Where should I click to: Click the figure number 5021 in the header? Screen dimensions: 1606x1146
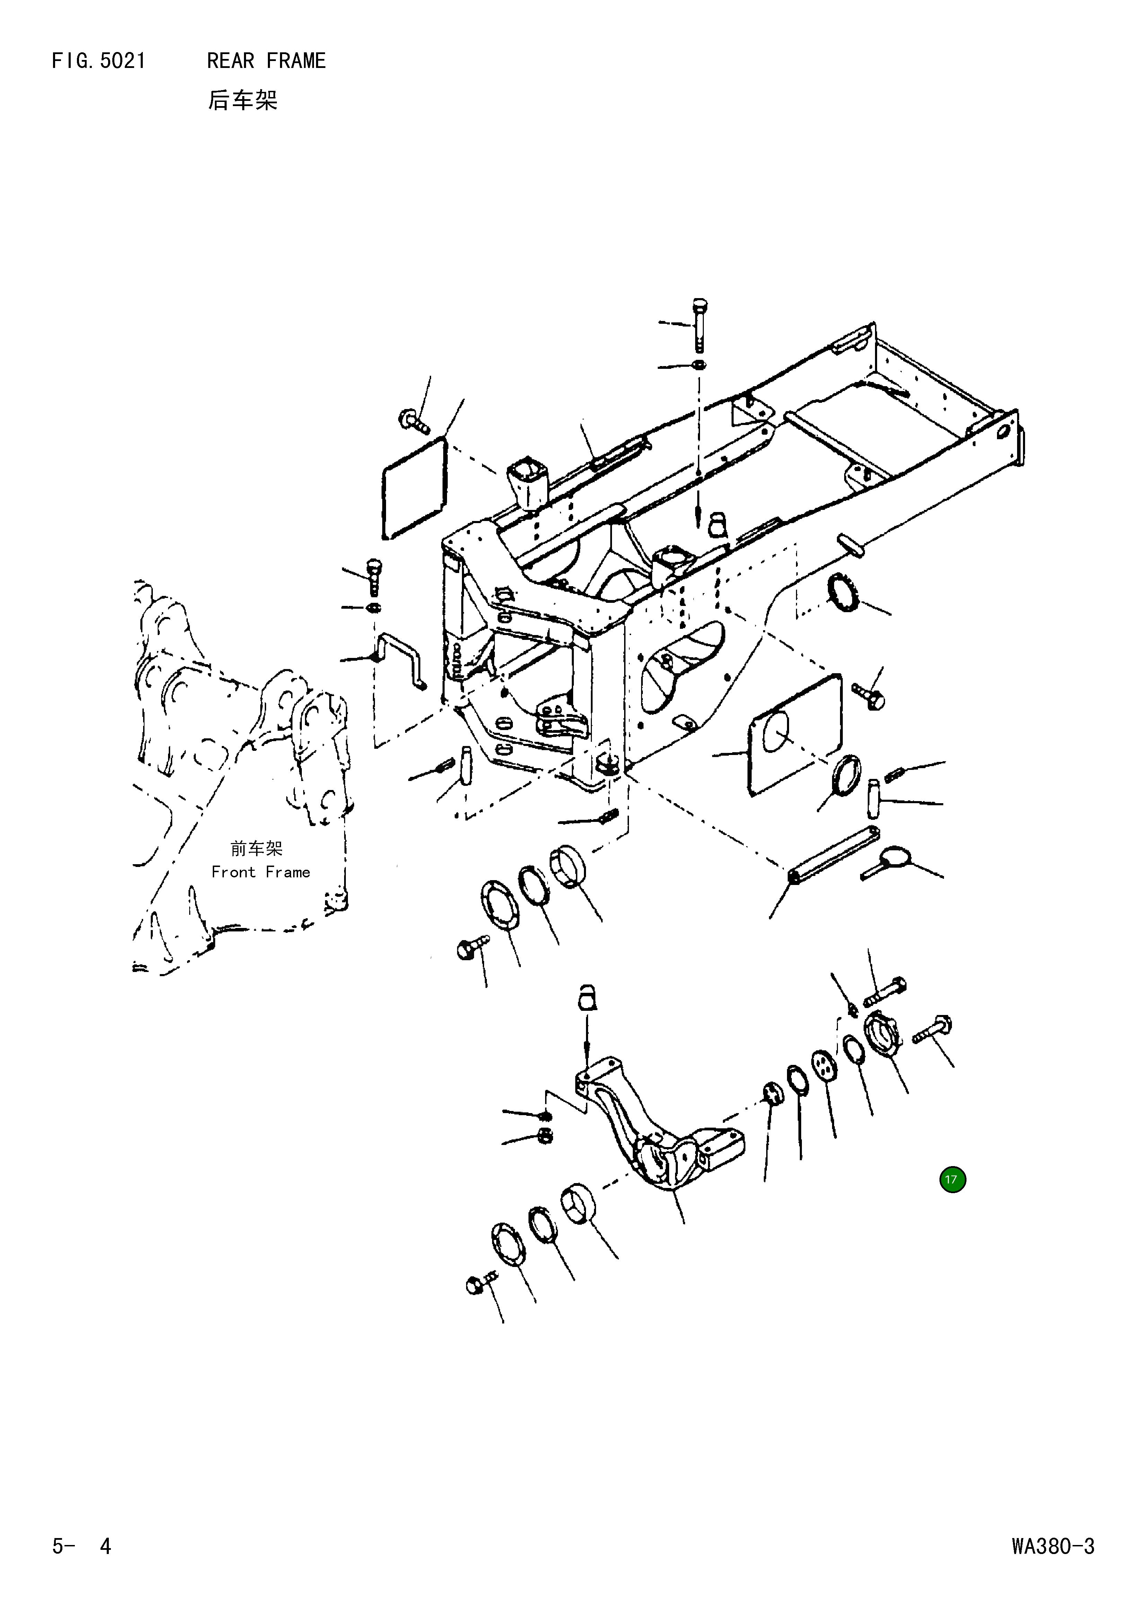point(123,61)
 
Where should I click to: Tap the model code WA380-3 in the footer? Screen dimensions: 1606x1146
point(1052,1547)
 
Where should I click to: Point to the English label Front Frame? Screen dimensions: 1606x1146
point(260,873)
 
